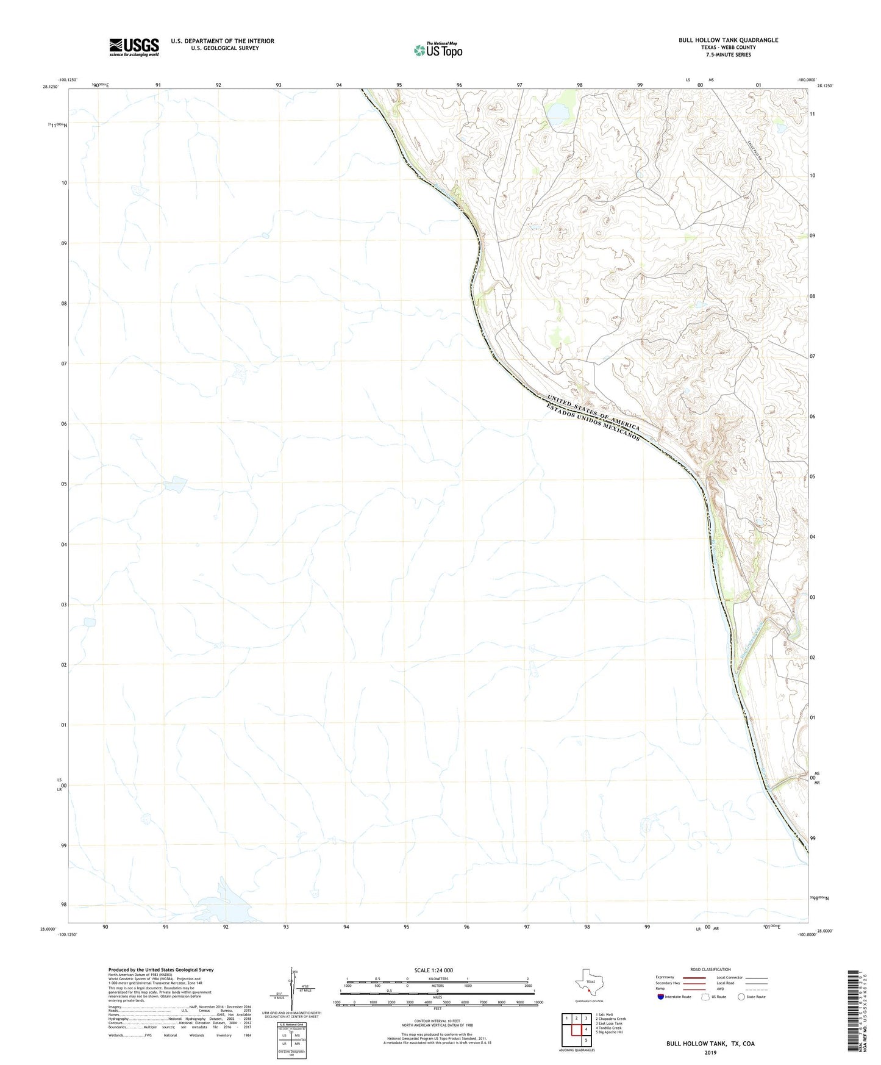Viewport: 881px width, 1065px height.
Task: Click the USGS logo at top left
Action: coord(134,46)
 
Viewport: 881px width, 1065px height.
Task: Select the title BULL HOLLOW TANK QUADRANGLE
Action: coord(728,40)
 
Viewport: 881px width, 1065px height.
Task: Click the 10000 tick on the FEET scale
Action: coord(538,1002)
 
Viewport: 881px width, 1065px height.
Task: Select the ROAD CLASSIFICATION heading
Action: coord(710,969)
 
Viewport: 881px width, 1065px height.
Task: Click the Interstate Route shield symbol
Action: coord(661,997)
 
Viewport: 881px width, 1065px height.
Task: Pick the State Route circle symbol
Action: coord(741,997)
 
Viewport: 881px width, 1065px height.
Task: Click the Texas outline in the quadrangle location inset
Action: coord(588,982)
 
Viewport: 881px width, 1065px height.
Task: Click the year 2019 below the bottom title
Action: coord(710,1052)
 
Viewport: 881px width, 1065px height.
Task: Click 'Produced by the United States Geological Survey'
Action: coord(160,969)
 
